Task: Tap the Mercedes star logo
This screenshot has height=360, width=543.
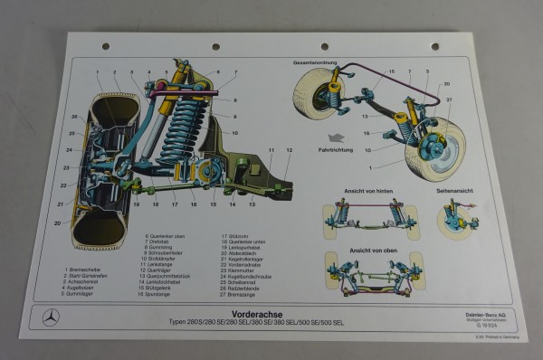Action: click(52, 319)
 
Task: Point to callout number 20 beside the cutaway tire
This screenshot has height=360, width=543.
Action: click(57, 221)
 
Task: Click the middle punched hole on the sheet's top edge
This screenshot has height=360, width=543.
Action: click(215, 47)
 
